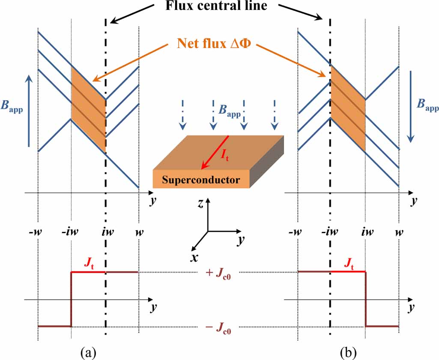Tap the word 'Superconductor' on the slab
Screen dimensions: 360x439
201,180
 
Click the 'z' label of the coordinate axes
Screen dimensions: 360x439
200,204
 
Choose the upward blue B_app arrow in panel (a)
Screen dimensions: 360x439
29,111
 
